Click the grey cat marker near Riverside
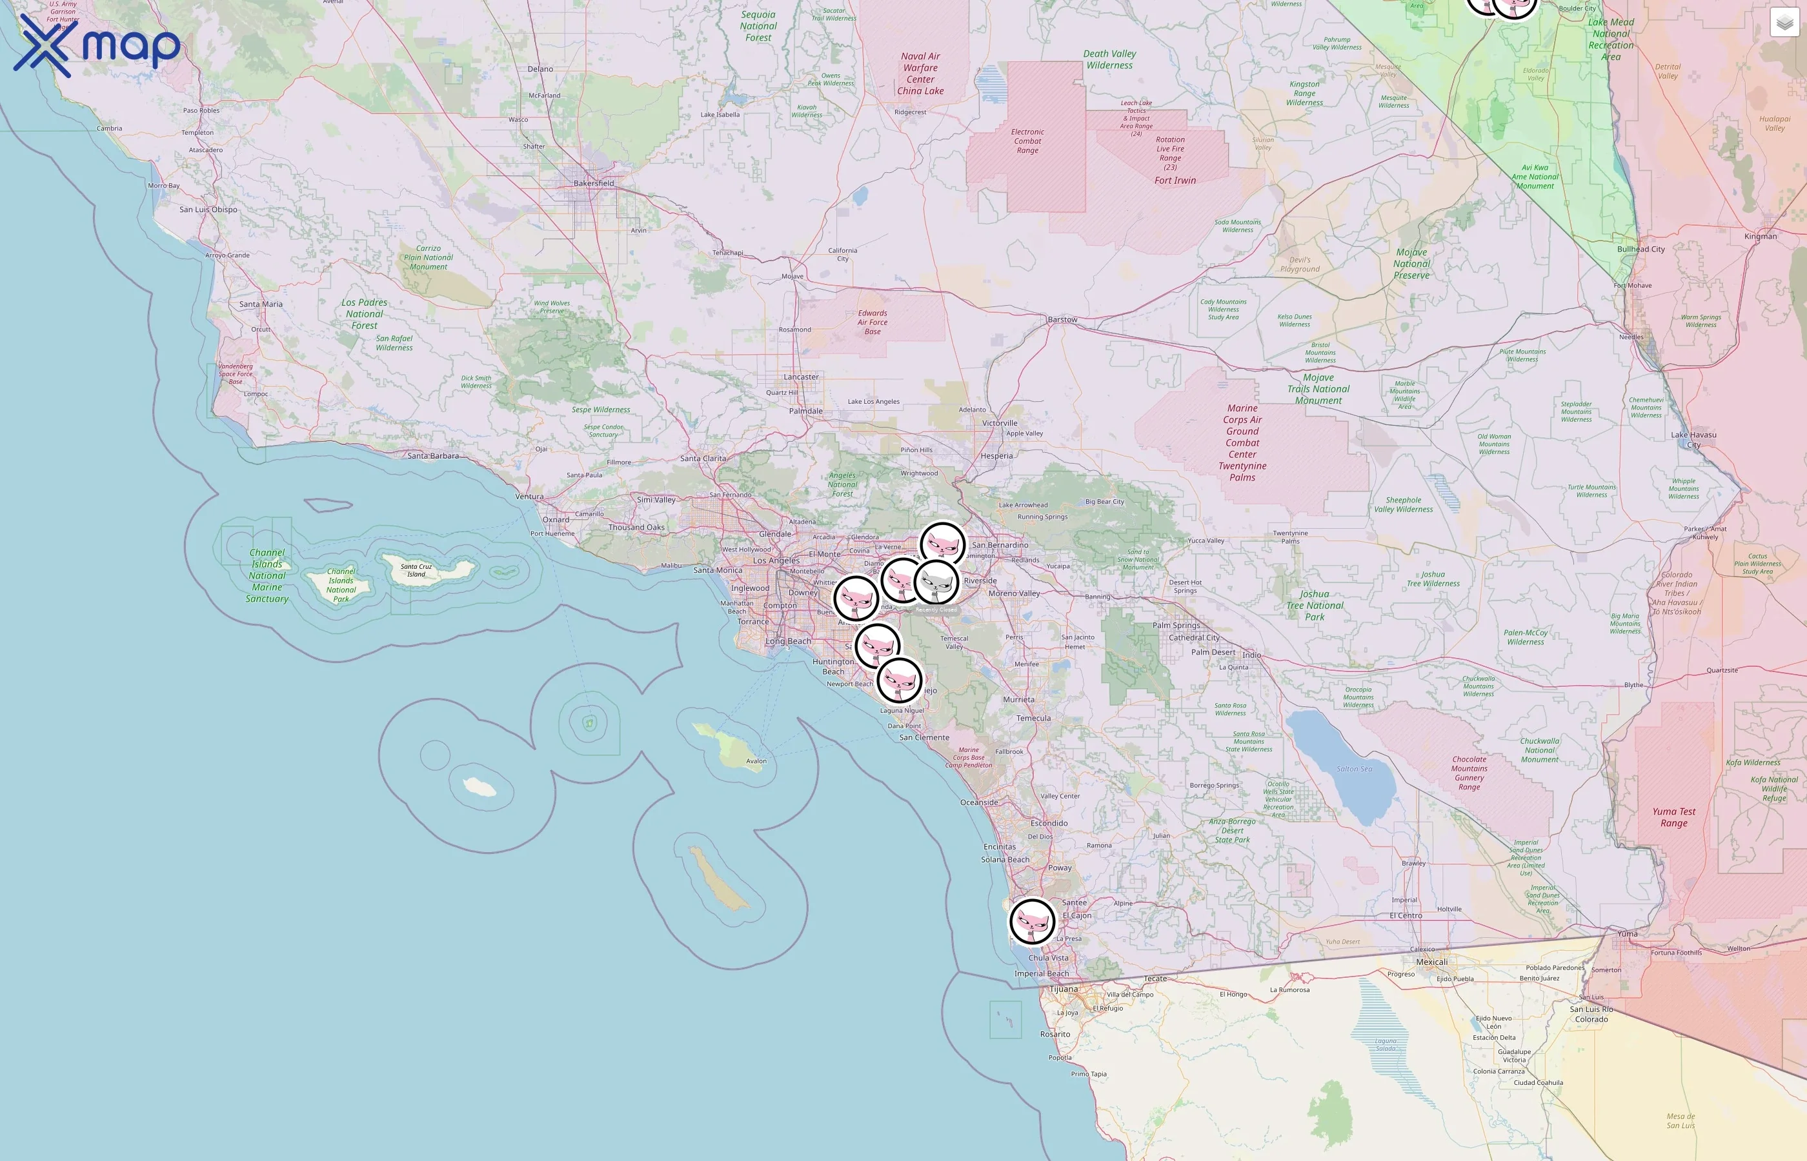[936, 582]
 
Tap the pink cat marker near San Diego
[1032, 920]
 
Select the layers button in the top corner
[1784, 23]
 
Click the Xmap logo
[97, 45]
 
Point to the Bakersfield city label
[594, 183]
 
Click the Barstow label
[1062, 320]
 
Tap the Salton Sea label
[1355, 769]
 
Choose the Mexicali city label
[1431, 962]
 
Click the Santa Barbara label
[433, 456]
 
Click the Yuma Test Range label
[1673, 817]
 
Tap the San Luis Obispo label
[208, 210]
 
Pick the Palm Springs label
[1176, 626]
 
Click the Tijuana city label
[1064, 989]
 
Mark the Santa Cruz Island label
[416, 570]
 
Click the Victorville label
[999, 423]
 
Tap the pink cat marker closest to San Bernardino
[942, 544]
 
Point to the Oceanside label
[979, 803]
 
